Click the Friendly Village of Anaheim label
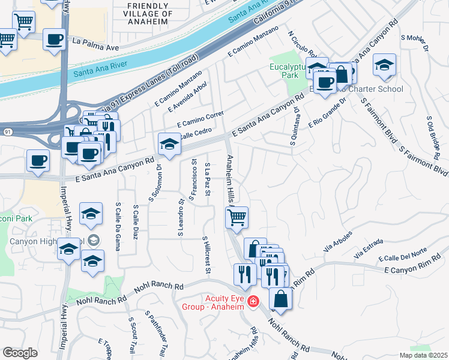point(149,13)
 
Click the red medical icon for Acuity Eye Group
point(253,301)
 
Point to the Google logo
point(20,352)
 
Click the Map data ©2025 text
point(423,355)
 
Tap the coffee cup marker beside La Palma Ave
point(54,40)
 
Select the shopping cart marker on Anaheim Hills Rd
point(237,217)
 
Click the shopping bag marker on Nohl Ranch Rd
point(280,298)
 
